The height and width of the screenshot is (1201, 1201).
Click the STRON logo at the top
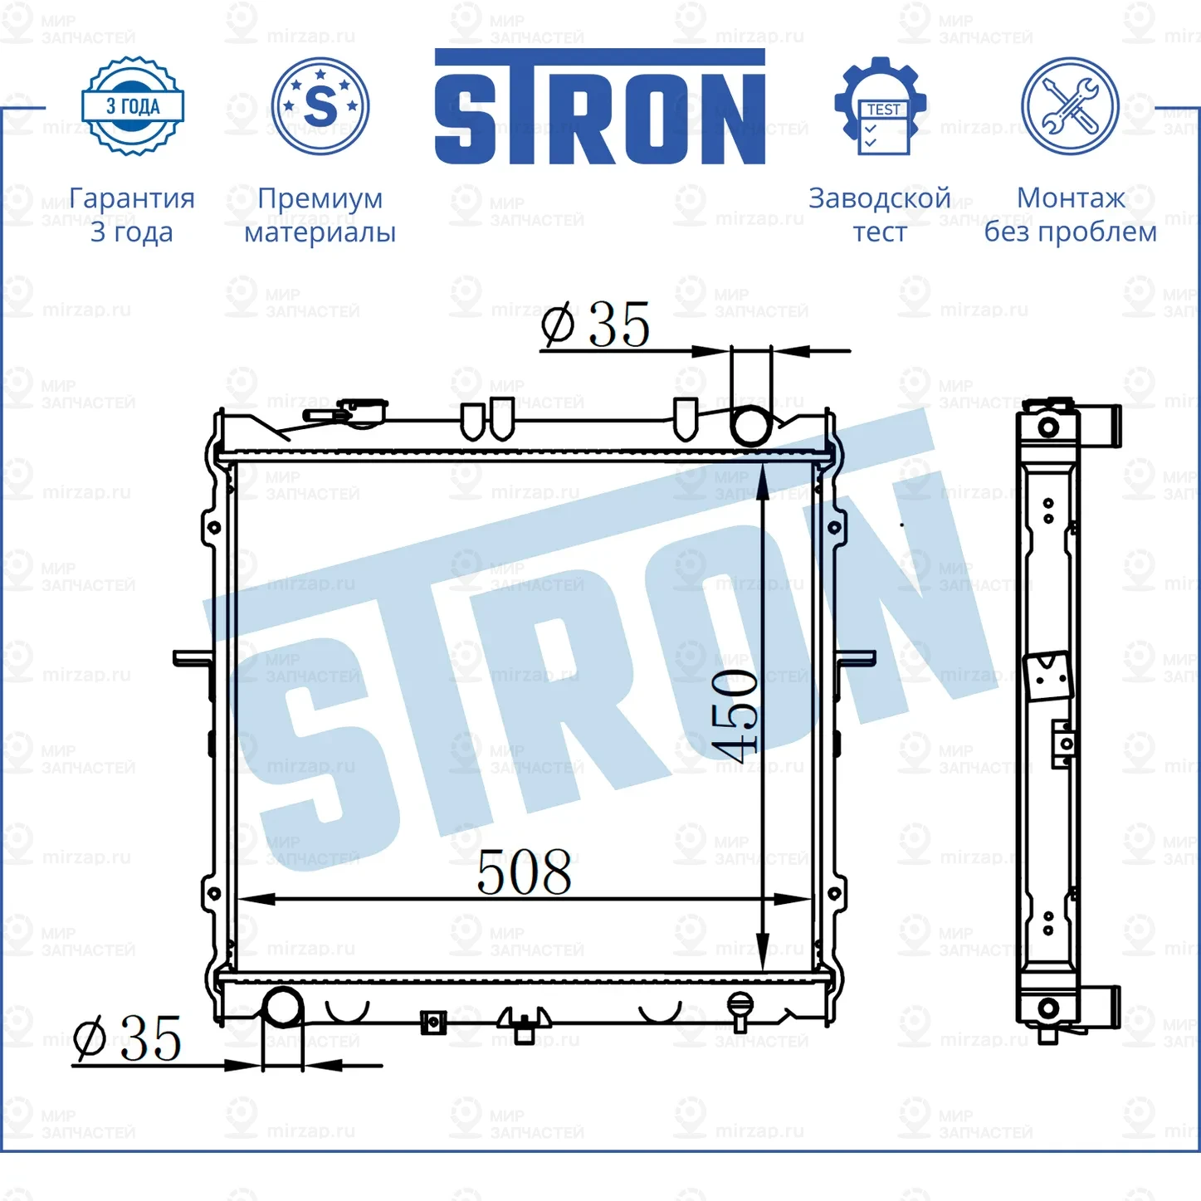pyautogui.click(x=599, y=107)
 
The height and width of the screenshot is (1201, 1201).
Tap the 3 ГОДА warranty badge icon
pyautogui.click(x=133, y=106)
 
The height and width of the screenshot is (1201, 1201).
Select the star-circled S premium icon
pyautogui.click(x=320, y=106)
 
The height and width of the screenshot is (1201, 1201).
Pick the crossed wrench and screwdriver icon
pyautogui.click(x=1070, y=106)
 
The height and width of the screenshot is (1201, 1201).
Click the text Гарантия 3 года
pyautogui.click(x=132, y=215)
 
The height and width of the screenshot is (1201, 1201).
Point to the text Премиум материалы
pyautogui.click(x=320, y=215)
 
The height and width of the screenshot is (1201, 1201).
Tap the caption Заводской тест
pyautogui.click(x=880, y=215)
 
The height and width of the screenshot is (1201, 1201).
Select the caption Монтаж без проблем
pyautogui.click(x=1070, y=215)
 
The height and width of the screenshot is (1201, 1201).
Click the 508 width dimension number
pyautogui.click(x=525, y=873)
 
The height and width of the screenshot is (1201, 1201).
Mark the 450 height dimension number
pyautogui.click(x=735, y=715)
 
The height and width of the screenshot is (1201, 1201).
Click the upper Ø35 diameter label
pyautogui.click(x=595, y=325)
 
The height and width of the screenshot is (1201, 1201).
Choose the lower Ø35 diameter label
pyautogui.click(x=127, y=1039)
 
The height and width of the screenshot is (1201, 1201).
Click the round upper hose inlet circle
pyautogui.click(x=751, y=425)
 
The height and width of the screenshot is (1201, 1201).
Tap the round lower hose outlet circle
pyautogui.click(x=283, y=1008)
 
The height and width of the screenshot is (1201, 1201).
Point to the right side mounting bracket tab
pyautogui.click(x=857, y=658)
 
